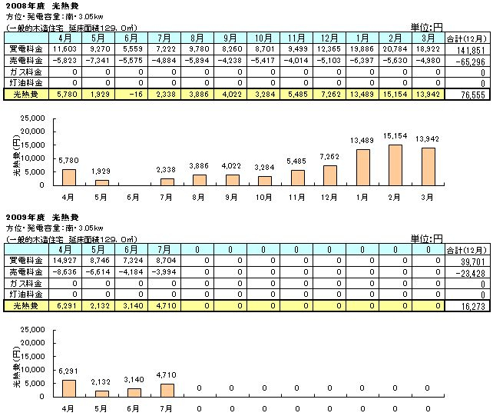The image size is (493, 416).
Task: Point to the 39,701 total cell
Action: click(470, 261)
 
